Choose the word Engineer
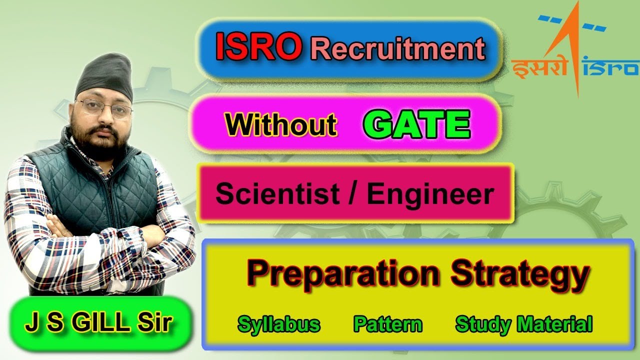click(x=430, y=194)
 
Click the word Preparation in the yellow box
click(x=343, y=273)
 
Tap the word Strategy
click(x=519, y=274)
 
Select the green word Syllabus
click(x=279, y=324)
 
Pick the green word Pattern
click(x=388, y=324)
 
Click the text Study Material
click(x=524, y=324)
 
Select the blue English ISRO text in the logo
click(x=613, y=67)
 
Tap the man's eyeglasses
click(x=103, y=107)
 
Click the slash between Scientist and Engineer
click(x=353, y=194)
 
